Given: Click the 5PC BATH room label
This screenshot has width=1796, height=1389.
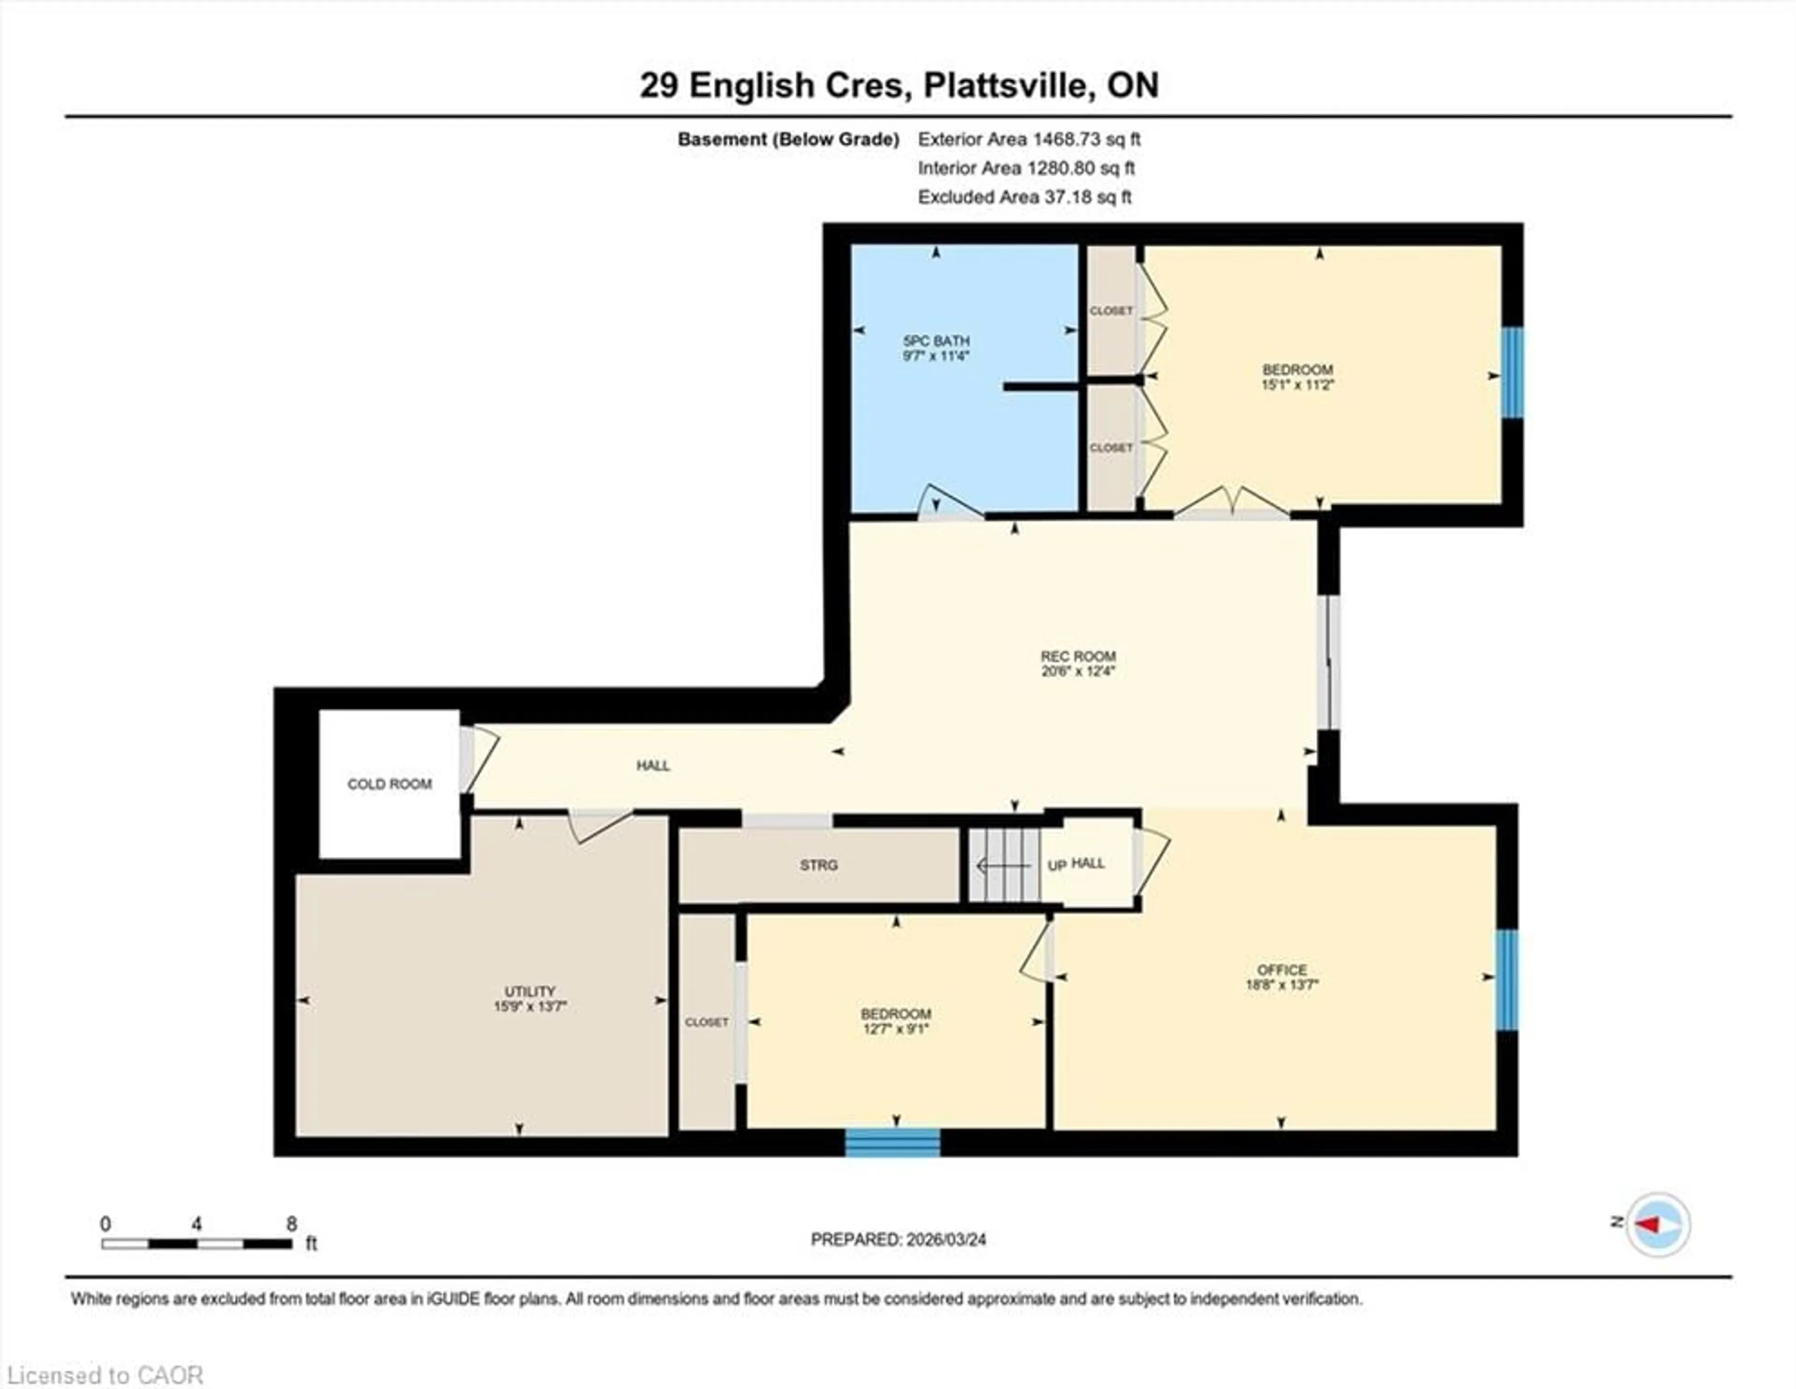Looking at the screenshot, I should coord(936,340).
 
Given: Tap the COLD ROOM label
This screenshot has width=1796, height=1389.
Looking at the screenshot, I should coord(389,784).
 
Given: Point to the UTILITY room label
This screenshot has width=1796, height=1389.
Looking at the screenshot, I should coord(529,991).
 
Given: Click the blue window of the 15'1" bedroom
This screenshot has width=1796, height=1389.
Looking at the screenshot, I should coord(1512,373).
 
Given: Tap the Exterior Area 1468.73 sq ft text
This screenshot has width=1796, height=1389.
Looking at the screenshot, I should coord(1029,139).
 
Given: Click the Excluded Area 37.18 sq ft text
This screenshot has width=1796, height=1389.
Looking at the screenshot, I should coord(1025,196).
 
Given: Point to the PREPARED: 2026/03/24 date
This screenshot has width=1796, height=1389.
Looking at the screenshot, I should coord(898,1238).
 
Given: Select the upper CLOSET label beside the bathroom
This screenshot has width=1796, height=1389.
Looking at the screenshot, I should coord(1111,311).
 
